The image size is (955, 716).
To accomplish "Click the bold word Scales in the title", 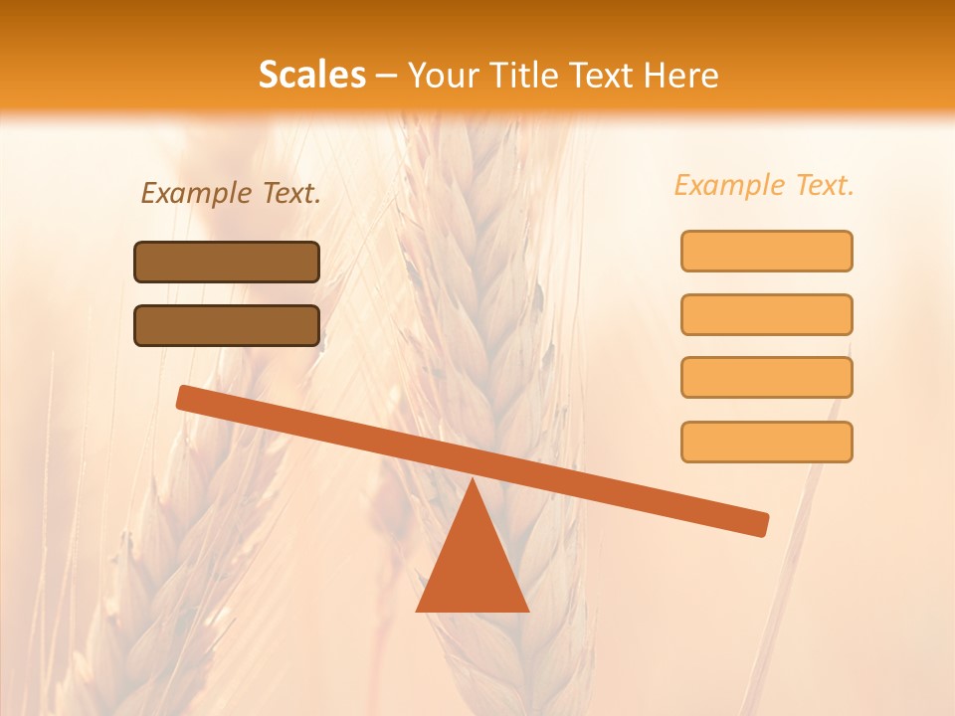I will point(312,75).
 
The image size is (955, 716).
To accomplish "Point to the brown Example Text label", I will point(231,193).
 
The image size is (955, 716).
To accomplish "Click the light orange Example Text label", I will point(764,185).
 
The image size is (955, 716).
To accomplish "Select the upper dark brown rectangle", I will point(227,262).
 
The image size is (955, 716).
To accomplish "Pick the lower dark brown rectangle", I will point(227,325).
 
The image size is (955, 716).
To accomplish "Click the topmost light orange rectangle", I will point(767,251).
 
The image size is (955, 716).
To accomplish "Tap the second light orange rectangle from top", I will point(767,314).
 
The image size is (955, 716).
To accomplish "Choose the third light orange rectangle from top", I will point(767,377).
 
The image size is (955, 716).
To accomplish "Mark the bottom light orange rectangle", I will point(767,442).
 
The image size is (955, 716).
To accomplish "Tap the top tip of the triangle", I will point(473,481).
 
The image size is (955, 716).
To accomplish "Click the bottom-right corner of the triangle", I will point(526,609).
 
